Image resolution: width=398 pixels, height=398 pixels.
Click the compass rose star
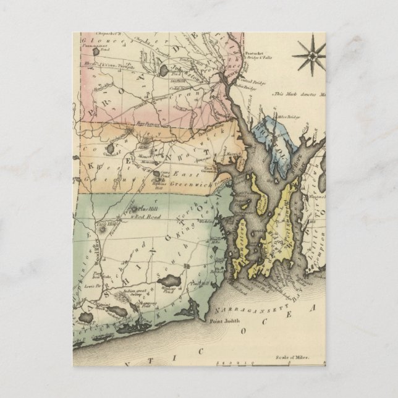coord(308,55)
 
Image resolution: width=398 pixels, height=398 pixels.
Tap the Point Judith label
coord(223,321)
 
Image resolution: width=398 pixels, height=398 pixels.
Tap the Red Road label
coord(149,218)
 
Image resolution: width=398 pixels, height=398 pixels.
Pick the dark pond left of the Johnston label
coord(163,70)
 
